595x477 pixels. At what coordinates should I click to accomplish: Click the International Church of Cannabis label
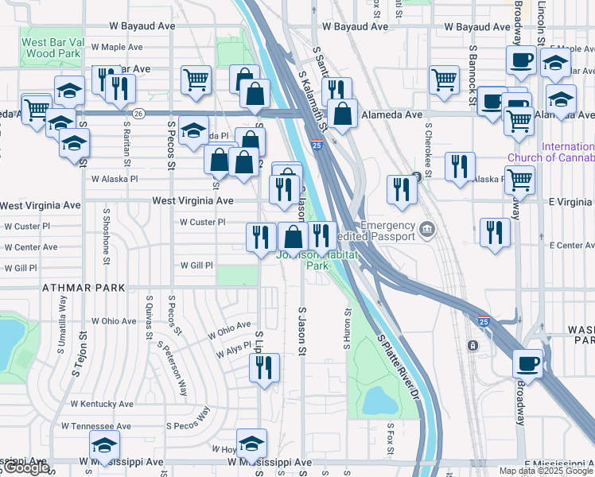point(567,152)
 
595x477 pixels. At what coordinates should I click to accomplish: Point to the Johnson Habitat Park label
point(301,260)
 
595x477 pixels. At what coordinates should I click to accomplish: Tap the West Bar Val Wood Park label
point(51,48)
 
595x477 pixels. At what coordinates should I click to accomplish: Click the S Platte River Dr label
point(398,366)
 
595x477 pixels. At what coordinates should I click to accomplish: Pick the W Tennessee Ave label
point(95,427)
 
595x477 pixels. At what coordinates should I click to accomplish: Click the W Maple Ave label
point(116,48)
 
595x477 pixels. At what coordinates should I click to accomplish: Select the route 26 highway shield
point(138,114)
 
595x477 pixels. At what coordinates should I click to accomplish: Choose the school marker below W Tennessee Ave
point(103,448)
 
